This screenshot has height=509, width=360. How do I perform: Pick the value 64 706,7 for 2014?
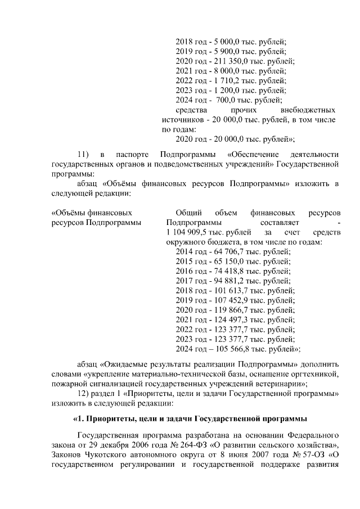coord(223,253)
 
